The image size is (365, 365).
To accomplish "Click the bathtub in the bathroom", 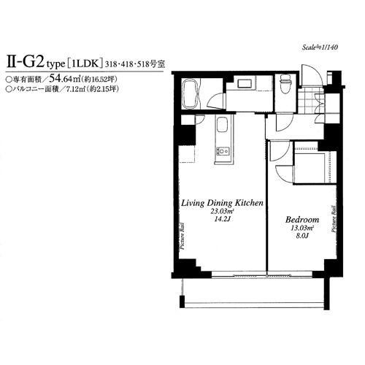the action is [x=191, y=94].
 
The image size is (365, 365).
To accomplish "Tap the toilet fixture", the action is [x=285, y=84].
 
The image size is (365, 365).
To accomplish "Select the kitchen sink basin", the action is [x=222, y=125].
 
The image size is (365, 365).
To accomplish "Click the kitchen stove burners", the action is [x=223, y=151].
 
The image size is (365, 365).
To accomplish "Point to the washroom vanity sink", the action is [x=245, y=84].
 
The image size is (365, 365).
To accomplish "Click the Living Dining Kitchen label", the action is [x=222, y=203].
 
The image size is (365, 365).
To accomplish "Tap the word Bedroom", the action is [x=302, y=220].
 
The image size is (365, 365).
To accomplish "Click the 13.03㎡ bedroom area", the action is [x=301, y=228].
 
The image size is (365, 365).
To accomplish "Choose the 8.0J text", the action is [x=301, y=236].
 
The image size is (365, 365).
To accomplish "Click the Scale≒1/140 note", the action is [x=320, y=47].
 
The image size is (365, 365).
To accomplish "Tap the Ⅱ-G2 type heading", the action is [x=36, y=63].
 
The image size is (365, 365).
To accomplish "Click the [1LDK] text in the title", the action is [x=85, y=64].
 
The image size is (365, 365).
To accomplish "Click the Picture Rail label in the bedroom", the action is [x=334, y=219].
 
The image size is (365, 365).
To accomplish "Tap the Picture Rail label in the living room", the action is [x=182, y=236].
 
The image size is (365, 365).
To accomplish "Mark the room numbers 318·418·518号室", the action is [x=135, y=64].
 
